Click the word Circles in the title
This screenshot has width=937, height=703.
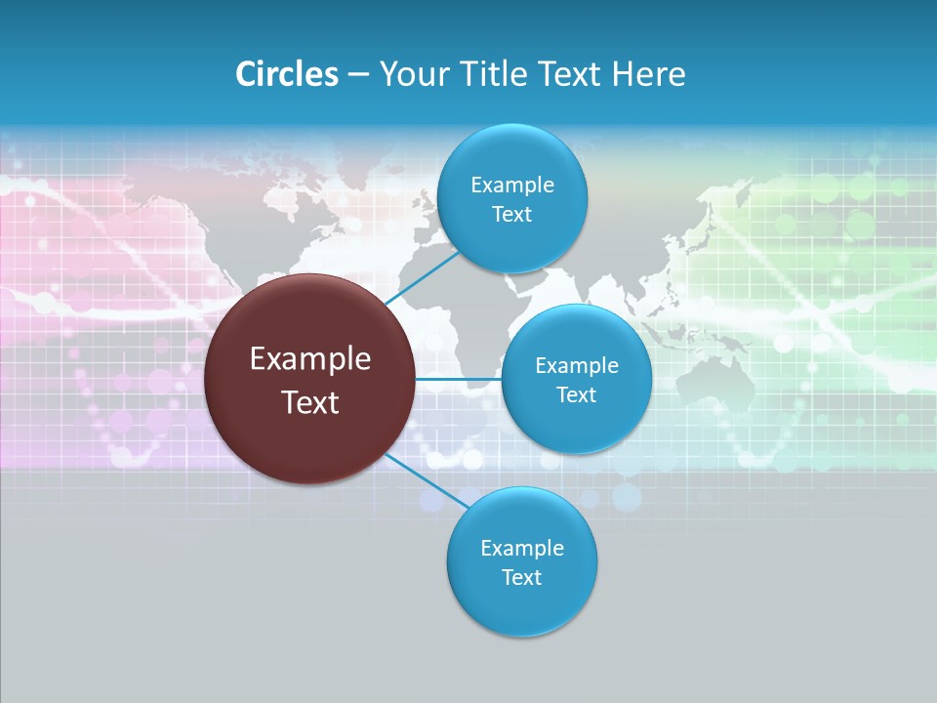click(286, 74)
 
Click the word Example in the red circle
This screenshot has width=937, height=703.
click(310, 359)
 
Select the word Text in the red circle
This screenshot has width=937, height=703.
click(310, 402)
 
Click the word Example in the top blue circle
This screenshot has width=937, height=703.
click(512, 186)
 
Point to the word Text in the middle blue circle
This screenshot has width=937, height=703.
click(577, 394)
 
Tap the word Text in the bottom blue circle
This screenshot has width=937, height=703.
click(522, 577)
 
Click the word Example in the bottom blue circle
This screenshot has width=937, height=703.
click(522, 548)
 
